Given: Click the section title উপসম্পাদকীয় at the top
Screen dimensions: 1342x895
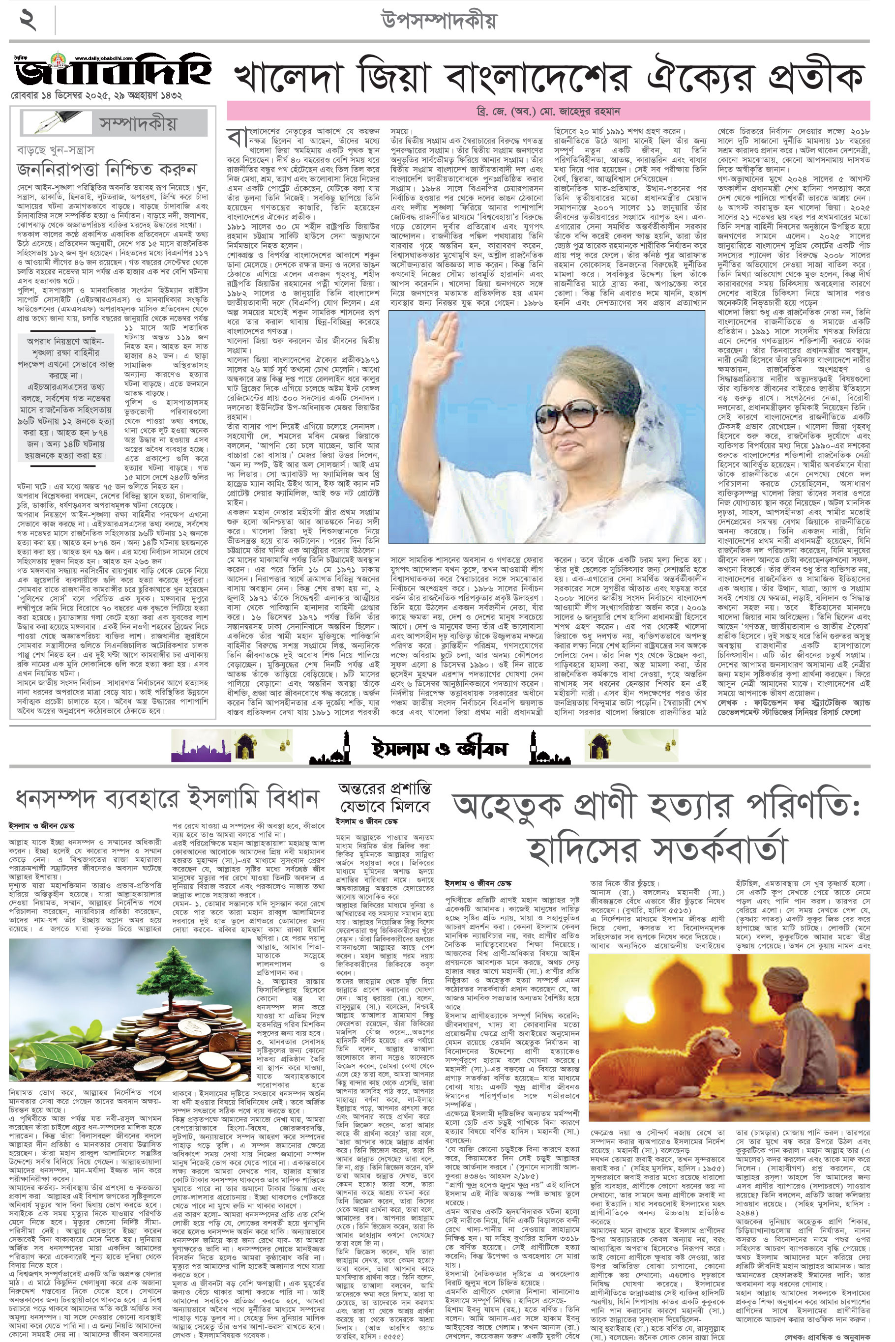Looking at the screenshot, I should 438,22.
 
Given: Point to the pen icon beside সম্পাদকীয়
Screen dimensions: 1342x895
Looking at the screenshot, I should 56,122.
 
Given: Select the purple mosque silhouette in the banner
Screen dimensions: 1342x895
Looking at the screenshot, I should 200,748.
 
